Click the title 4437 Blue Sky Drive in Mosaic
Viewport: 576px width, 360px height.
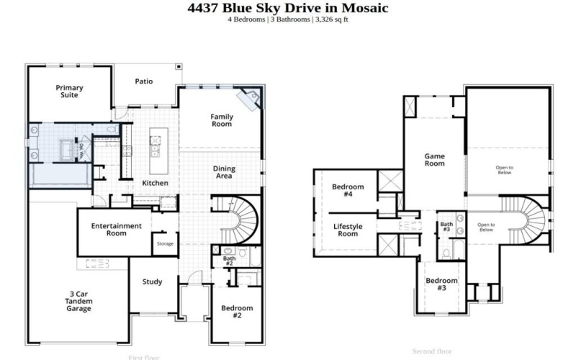tap(288, 8)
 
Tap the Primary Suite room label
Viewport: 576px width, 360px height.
tap(70, 91)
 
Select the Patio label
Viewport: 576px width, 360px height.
tap(143, 81)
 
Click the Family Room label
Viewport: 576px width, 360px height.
tap(221, 120)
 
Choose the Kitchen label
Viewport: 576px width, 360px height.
tap(155, 184)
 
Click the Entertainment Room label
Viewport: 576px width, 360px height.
tap(116, 230)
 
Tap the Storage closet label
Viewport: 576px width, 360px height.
tap(166, 243)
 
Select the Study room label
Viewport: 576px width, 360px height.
tap(152, 282)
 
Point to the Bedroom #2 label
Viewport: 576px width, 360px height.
tap(236, 312)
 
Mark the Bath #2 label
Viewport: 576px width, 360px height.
tap(229, 261)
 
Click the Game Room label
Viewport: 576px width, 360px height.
tap(434, 159)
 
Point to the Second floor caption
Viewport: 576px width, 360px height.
tap(431, 351)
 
